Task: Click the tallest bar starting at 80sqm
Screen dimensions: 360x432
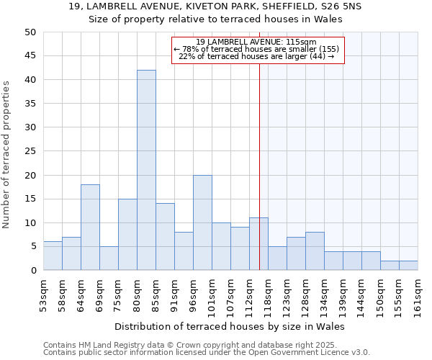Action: pos(146,170)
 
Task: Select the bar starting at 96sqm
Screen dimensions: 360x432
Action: pos(202,222)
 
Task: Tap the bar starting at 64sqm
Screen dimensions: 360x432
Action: pos(90,228)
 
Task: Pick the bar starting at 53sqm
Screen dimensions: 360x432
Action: pos(53,256)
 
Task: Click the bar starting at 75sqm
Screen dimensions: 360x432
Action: pos(127,235)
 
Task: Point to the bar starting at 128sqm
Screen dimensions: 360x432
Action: pos(315,251)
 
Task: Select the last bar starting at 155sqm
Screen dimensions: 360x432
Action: pos(408,266)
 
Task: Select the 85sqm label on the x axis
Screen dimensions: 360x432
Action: pos(156,294)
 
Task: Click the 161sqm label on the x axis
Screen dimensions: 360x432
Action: pos(418,295)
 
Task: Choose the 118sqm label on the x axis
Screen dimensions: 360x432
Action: pos(268,295)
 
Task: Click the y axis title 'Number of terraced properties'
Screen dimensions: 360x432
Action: pos(6,154)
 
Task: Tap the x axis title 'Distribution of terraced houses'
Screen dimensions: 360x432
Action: pos(230,326)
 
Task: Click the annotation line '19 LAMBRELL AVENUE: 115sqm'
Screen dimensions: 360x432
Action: pos(256,42)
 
